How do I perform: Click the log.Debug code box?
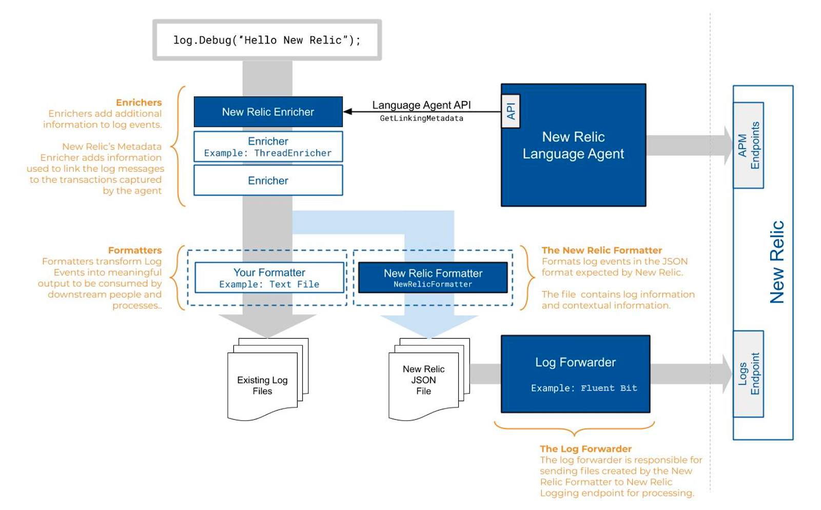click(267, 40)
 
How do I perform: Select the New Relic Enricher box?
click(268, 112)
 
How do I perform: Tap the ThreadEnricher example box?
click(268, 147)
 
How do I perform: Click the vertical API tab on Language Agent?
click(511, 111)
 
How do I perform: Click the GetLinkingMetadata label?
click(421, 119)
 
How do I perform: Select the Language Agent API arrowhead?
click(348, 111)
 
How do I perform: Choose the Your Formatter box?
click(269, 278)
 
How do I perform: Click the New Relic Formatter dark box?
click(433, 278)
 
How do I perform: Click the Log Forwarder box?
click(575, 374)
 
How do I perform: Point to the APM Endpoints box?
click(748, 145)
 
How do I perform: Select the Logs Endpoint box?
click(748, 374)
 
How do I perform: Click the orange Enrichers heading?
click(139, 103)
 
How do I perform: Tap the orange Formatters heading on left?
click(134, 250)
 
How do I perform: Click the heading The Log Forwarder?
click(585, 449)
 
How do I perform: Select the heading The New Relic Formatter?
click(601, 250)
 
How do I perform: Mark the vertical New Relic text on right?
click(777, 262)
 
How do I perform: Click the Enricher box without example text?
click(268, 181)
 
